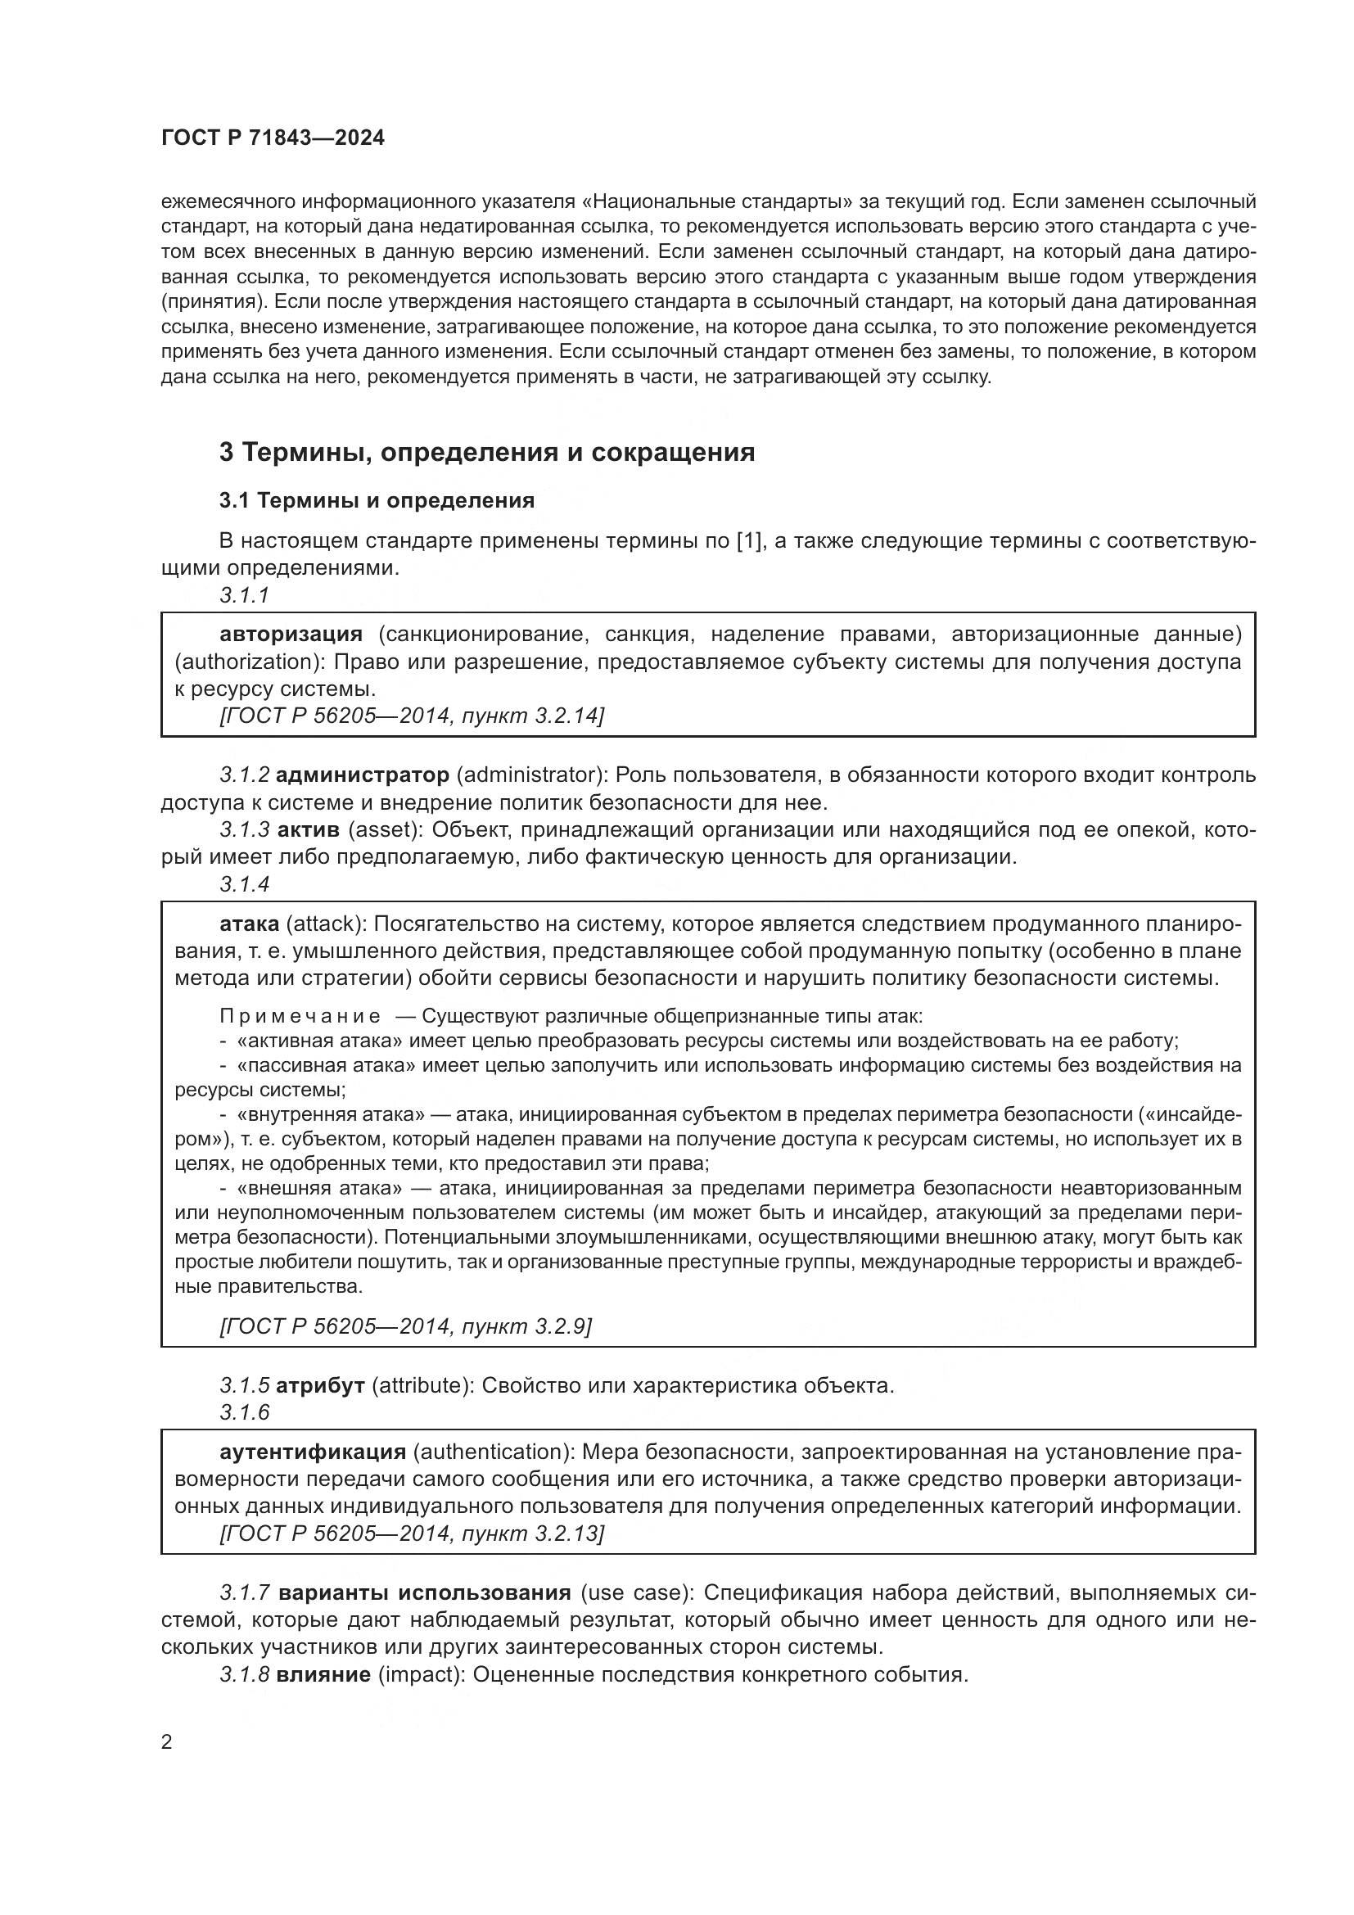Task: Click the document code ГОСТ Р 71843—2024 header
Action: click(273, 138)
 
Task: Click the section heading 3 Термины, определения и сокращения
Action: click(487, 453)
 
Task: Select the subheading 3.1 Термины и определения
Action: click(377, 500)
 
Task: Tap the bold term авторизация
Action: click(291, 635)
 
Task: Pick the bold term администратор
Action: click(362, 775)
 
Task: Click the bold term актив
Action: click(308, 831)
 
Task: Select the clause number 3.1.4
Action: click(244, 884)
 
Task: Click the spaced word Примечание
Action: click(300, 1017)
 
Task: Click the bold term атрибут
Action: click(320, 1386)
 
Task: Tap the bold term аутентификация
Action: click(313, 1452)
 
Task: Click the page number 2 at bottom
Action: click(167, 1742)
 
